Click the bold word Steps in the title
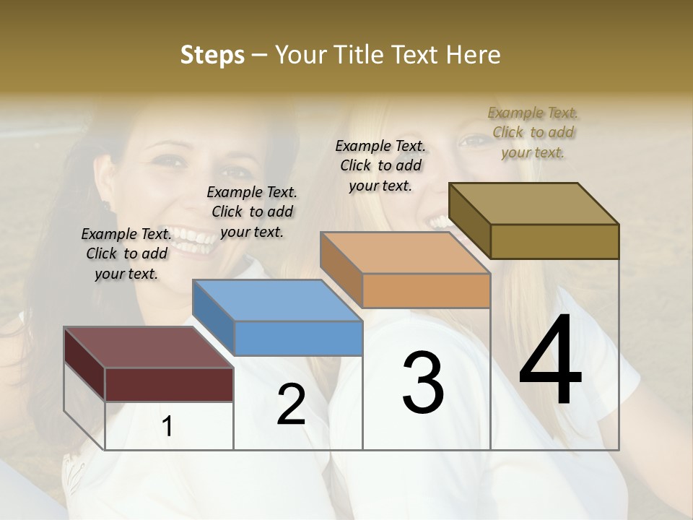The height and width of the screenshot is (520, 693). click(212, 55)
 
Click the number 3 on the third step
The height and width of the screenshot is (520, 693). click(423, 383)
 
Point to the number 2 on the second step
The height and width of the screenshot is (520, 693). click(291, 404)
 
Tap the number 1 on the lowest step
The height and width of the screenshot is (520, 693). click(167, 427)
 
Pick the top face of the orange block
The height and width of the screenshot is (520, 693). click(405, 253)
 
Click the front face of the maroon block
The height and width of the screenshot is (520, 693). click(170, 384)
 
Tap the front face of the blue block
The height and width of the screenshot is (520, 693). click(299, 338)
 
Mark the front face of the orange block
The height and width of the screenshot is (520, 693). click(427, 291)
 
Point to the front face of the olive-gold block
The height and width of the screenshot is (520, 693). click(554, 241)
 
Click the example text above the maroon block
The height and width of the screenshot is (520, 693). click(126, 253)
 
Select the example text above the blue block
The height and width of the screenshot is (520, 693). click(252, 212)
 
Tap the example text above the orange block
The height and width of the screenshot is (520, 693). click(380, 165)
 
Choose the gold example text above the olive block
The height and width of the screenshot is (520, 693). click(533, 132)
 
